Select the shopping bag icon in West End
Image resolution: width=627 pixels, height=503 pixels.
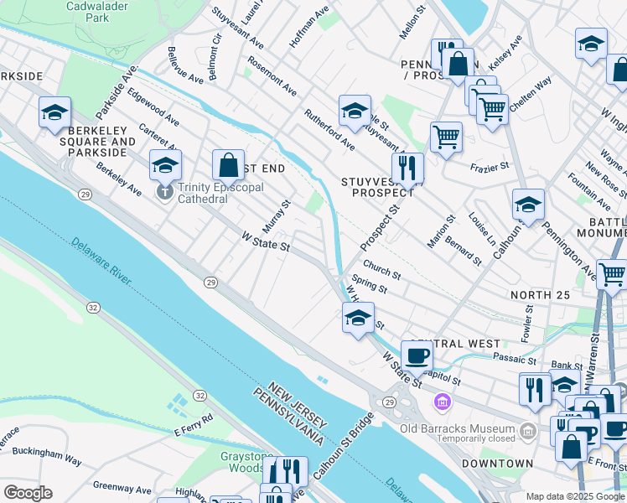(228, 165)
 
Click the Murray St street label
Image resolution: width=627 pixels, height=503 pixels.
(276, 216)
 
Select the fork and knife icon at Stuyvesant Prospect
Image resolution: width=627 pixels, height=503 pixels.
(407, 168)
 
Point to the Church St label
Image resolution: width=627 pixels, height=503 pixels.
(381, 273)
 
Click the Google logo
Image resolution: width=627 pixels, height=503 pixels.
(28, 493)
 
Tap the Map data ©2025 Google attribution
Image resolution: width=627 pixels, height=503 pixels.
(574, 496)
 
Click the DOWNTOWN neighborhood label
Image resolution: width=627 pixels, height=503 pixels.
(497, 463)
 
